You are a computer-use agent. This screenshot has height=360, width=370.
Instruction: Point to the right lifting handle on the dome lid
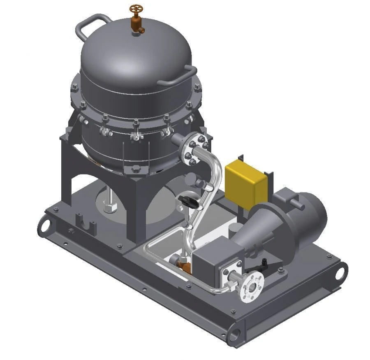click(181, 77)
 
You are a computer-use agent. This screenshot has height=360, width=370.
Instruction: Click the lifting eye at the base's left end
click(44, 226)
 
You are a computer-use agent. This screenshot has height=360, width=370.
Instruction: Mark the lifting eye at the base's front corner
click(234, 333)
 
